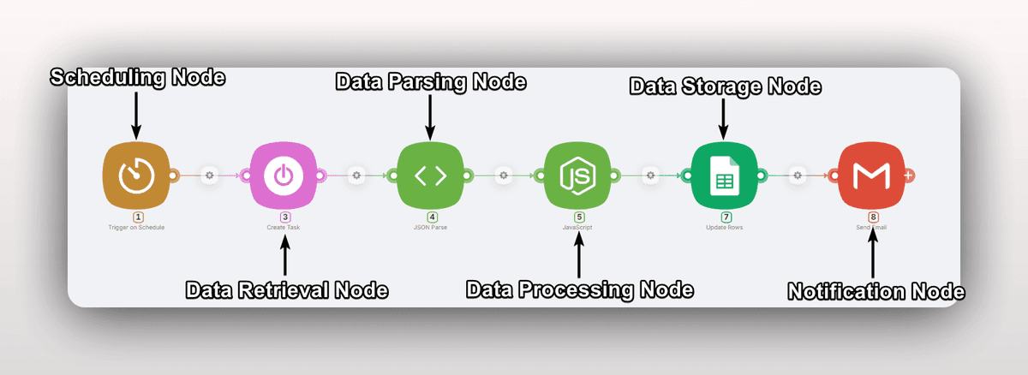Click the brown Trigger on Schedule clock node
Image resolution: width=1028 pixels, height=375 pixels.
(135, 176)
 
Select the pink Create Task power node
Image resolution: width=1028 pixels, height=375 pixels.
(283, 176)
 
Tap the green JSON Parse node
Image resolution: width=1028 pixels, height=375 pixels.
(430, 176)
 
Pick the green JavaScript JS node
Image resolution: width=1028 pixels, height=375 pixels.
(577, 176)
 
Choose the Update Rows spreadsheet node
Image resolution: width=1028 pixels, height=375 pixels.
(725, 176)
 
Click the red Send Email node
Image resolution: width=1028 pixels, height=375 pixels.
(872, 176)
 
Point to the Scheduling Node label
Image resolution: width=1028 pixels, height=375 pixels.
(137, 78)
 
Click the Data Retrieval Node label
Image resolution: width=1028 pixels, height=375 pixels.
(287, 290)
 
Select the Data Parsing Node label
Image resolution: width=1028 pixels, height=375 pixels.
(430, 82)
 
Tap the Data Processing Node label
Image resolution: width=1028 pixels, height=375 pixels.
(579, 289)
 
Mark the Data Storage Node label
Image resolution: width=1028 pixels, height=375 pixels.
(726, 86)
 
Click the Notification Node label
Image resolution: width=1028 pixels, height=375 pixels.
(876, 292)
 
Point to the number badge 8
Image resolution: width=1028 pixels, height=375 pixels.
(873, 217)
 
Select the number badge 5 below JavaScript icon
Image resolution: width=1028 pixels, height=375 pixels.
(579, 217)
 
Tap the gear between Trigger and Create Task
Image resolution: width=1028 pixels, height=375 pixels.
(209, 176)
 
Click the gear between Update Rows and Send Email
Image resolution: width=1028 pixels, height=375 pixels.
(798, 176)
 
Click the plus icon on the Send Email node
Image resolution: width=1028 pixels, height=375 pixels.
(909, 176)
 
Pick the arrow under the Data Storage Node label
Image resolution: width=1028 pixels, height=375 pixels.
(725, 118)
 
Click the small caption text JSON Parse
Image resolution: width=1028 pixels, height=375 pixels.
(432, 228)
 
